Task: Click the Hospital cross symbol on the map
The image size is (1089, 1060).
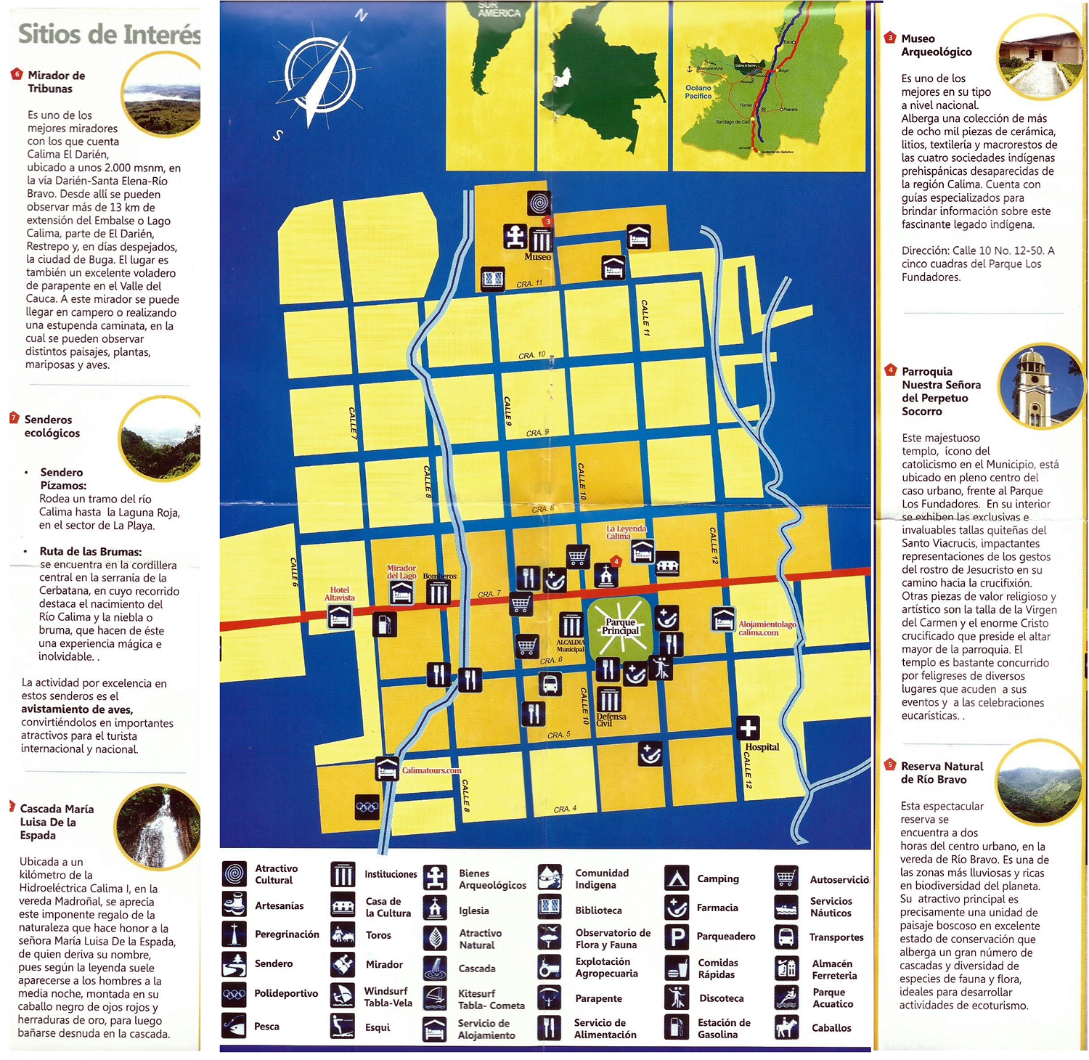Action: click(748, 727)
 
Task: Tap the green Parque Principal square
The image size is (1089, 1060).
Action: click(620, 627)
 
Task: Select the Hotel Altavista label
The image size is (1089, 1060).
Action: click(339, 594)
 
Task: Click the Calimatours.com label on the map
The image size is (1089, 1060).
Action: click(431, 770)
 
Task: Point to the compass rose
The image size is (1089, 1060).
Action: click(320, 76)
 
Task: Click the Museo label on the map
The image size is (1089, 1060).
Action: click(537, 257)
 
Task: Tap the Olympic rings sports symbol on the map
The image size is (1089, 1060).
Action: click(367, 807)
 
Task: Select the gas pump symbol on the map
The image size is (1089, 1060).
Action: click(385, 624)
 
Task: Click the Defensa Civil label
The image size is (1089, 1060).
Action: click(611, 719)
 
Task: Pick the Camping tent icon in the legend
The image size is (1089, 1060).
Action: click(677, 878)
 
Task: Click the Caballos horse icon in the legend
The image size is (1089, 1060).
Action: click(786, 1027)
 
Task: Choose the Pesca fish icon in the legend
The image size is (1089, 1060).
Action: click(234, 1026)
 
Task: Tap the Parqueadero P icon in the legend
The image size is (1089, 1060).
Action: click(677, 937)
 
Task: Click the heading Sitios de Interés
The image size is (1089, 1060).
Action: click(109, 34)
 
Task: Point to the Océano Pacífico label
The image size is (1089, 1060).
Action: click(698, 91)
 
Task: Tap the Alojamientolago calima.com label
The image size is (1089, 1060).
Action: click(767, 628)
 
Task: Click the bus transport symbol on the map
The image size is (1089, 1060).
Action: click(550, 683)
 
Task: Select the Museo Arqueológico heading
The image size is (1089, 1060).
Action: click(936, 45)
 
